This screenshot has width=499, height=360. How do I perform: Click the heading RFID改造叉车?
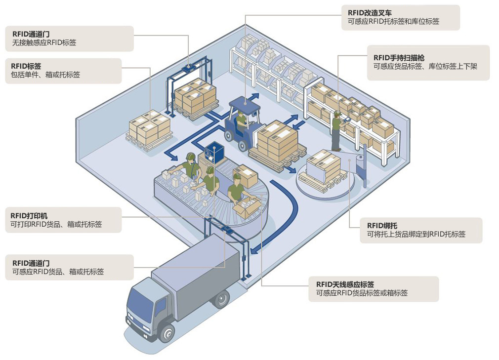[x=370, y=13]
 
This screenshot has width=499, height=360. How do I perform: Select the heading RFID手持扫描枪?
[x=399, y=58]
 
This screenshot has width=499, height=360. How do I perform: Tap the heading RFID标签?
[x=26, y=66]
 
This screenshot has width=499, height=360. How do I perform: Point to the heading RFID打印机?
[x=29, y=216]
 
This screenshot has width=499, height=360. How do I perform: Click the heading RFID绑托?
[x=382, y=226]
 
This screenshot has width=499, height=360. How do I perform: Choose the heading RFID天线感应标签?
[x=345, y=284]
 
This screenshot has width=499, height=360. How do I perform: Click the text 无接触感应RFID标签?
[x=44, y=42]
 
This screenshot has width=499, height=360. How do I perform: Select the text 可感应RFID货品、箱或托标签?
[x=58, y=272]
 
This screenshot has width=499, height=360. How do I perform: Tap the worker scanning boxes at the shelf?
[x=336, y=131]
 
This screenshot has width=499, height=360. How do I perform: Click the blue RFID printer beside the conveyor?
[x=214, y=153]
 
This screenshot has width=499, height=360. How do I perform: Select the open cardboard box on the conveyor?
[x=246, y=207]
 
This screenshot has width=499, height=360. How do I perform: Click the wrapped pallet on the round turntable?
[x=323, y=168]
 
